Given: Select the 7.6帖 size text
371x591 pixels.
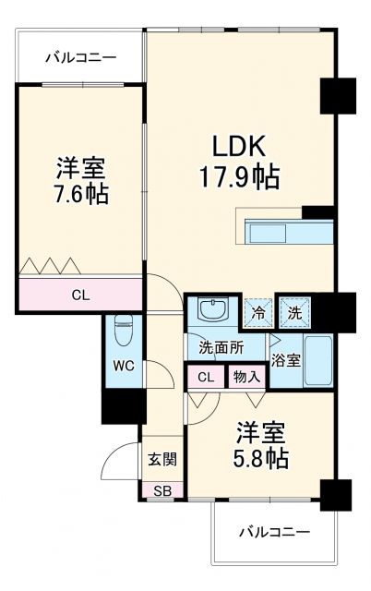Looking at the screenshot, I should pos(80,195).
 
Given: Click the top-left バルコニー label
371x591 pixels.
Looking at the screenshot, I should pos(81,58).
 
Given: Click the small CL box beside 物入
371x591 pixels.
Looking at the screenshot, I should pos(206,376).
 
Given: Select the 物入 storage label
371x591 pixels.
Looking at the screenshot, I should pos(246,376).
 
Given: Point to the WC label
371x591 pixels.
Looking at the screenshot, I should pos(124,366).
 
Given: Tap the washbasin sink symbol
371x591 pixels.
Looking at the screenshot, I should pos(213,311).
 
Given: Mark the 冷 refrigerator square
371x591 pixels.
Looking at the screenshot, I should pos(259,312).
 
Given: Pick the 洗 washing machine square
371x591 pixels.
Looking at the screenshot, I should pos(293,312).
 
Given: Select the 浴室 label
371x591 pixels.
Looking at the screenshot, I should pos(285,360).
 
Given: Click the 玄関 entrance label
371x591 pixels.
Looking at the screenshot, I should pos(162,459).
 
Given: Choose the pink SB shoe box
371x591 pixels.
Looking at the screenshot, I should pos(162,489).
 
